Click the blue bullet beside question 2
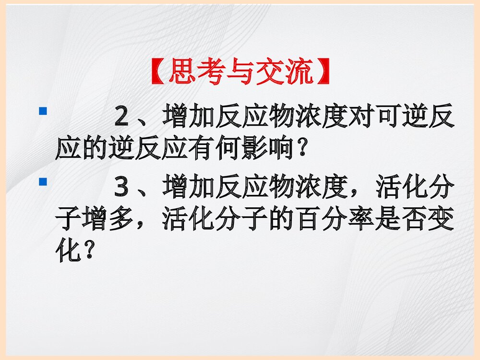[43, 111]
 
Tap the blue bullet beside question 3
[43, 182]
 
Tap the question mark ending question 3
[87, 252]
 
